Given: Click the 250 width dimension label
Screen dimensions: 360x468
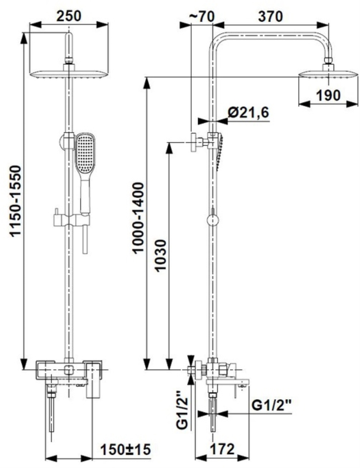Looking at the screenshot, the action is (x=69, y=16).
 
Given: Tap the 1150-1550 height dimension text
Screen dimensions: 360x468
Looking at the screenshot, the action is (x=16, y=201).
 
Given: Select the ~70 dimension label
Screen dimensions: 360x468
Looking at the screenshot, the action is (x=202, y=16).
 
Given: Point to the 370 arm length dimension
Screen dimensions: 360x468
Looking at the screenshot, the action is (x=270, y=16).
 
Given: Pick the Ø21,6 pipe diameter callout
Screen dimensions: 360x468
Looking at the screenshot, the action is (x=248, y=112).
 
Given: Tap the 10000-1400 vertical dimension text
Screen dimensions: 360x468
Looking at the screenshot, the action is (x=138, y=218).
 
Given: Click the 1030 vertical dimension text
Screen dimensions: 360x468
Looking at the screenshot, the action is (x=161, y=255).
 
